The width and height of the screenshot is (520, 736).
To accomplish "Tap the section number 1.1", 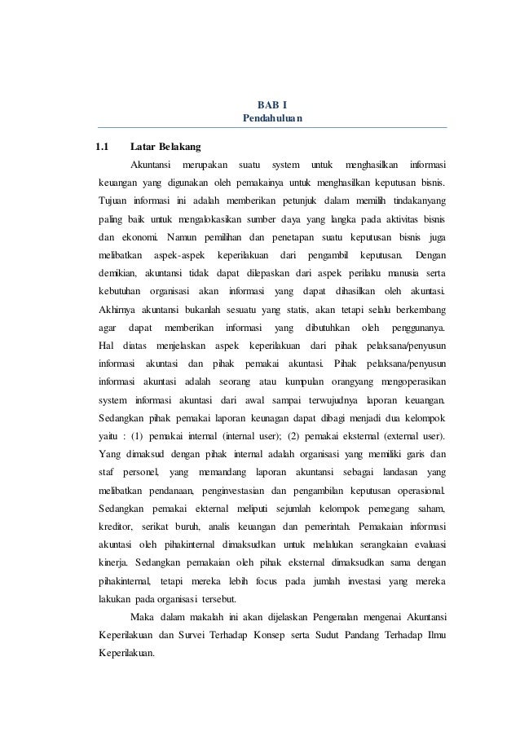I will (102, 148).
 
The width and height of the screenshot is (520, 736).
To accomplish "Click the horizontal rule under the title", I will (272, 129).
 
